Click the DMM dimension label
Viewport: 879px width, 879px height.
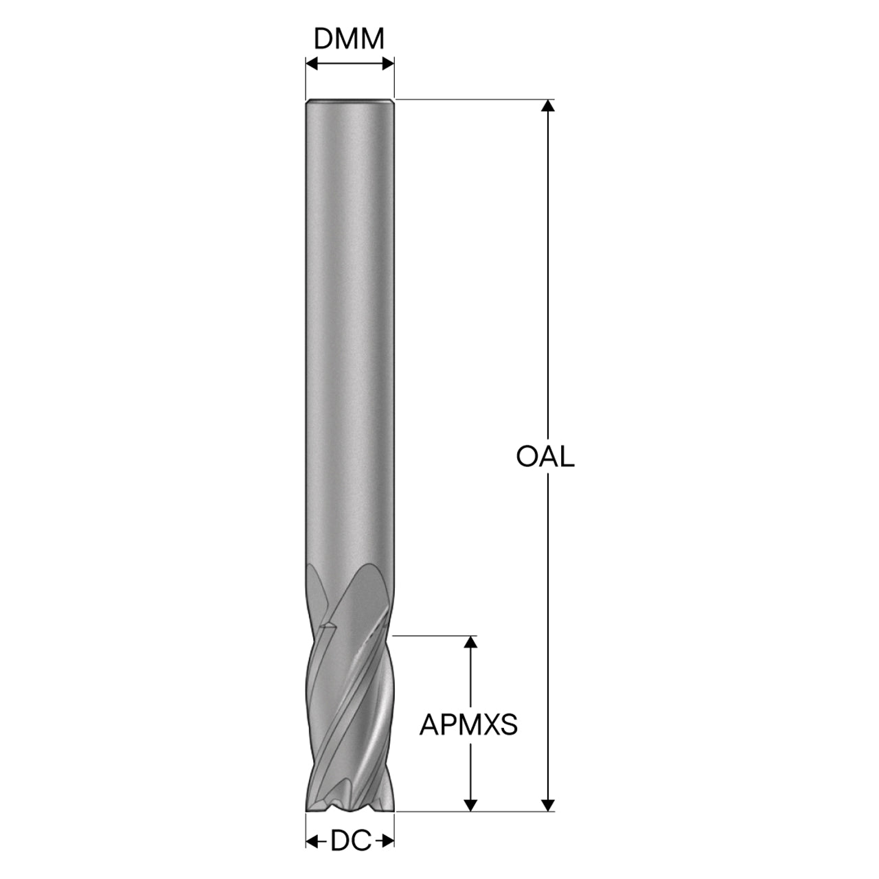point(349,39)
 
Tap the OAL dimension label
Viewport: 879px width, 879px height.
point(545,457)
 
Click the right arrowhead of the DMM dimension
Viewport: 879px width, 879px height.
point(388,64)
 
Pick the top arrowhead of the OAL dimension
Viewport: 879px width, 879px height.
point(548,105)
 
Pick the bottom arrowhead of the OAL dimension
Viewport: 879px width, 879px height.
point(548,805)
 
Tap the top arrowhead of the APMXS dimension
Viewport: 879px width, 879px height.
point(470,642)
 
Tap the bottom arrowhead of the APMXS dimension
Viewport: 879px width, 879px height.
point(470,805)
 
